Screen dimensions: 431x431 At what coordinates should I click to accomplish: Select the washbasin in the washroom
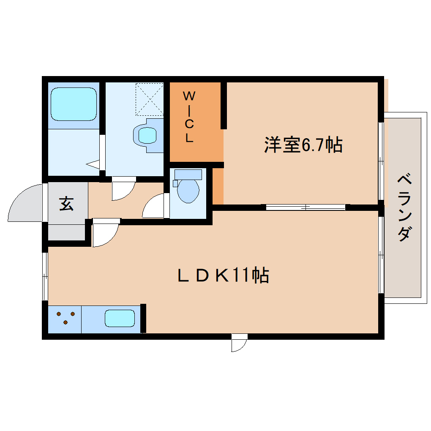click(x=147, y=135)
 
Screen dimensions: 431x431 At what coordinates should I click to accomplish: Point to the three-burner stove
click(x=65, y=318)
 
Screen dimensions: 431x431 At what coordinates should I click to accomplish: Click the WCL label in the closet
click(x=188, y=117)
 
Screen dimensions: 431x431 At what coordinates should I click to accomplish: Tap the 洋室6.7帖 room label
click(x=303, y=145)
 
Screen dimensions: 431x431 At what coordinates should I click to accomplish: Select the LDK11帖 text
click(x=223, y=276)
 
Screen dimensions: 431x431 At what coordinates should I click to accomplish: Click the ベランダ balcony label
click(x=404, y=207)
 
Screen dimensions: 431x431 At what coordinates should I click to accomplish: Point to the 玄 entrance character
click(x=66, y=204)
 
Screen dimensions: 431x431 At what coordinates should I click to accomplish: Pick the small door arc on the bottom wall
click(x=239, y=344)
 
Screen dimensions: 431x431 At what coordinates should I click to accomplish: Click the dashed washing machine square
click(x=149, y=99)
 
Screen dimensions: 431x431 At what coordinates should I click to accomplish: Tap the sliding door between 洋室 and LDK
click(x=306, y=207)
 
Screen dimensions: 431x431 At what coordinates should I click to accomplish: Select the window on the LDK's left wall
click(x=45, y=276)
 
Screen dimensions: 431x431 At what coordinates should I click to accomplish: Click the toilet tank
click(x=188, y=174)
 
